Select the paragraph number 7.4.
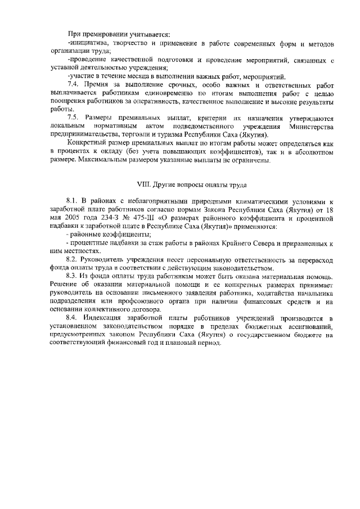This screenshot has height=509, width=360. point(74,84)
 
